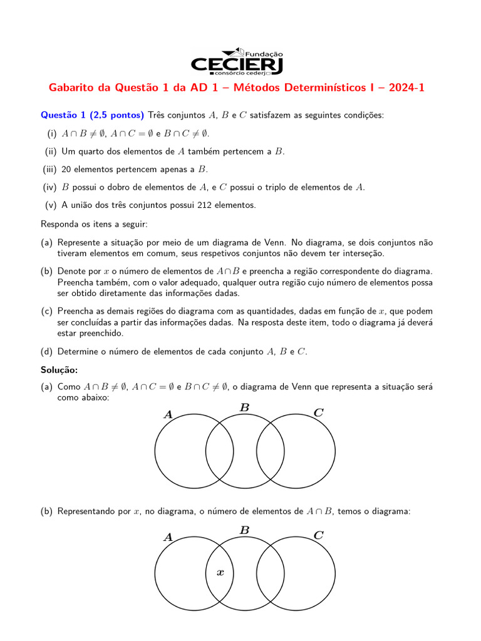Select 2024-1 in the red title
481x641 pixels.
[x=406, y=88]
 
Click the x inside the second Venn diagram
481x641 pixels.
[x=220, y=572]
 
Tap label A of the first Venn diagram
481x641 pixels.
[x=168, y=414]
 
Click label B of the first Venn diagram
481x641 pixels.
[x=245, y=408]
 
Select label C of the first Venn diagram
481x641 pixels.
[x=318, y=413]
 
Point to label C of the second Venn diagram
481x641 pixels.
[x=318, y=535]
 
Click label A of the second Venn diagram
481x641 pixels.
[x=168, y=536]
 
